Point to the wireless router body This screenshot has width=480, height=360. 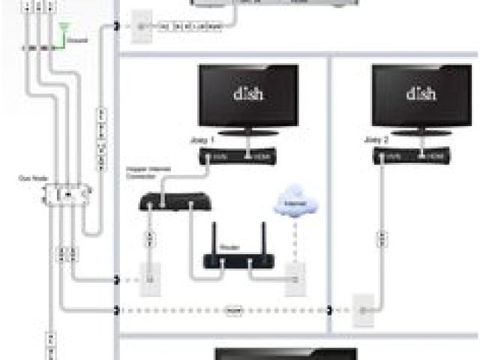pos(238,262)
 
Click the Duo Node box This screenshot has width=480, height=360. pos(67,194)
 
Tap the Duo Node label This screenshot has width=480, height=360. pos(30,178)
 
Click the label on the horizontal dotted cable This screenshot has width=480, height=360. pos(234,309)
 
